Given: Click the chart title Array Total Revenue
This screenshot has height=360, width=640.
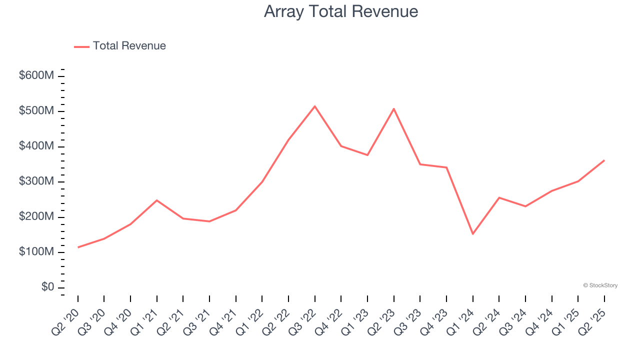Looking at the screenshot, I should tap(341, 11).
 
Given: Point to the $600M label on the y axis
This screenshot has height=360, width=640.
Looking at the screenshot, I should tap(36, 76).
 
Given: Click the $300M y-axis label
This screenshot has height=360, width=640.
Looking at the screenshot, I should tap(36, 181).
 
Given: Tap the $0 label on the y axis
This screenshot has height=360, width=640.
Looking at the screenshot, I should tap(47, 287).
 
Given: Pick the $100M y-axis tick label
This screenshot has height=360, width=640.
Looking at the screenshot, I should tap(36, 252).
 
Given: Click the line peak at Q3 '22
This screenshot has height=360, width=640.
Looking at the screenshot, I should tap(315, 106).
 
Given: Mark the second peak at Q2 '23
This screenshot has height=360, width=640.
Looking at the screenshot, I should tap(394, 108).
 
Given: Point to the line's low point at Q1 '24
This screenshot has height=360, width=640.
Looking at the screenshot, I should tap(473, 234).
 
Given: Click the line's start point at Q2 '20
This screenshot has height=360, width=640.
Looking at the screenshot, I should tap(78, 247).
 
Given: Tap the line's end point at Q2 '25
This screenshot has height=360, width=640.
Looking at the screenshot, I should tap(604, 160).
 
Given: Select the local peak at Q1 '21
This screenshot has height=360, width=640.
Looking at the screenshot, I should tap(157, 200).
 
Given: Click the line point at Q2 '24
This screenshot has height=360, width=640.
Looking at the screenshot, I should tap(499, 197).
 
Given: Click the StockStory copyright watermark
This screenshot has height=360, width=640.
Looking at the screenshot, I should tap(600, 285).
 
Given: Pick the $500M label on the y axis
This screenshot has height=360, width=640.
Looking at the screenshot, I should tap(36, 111).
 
